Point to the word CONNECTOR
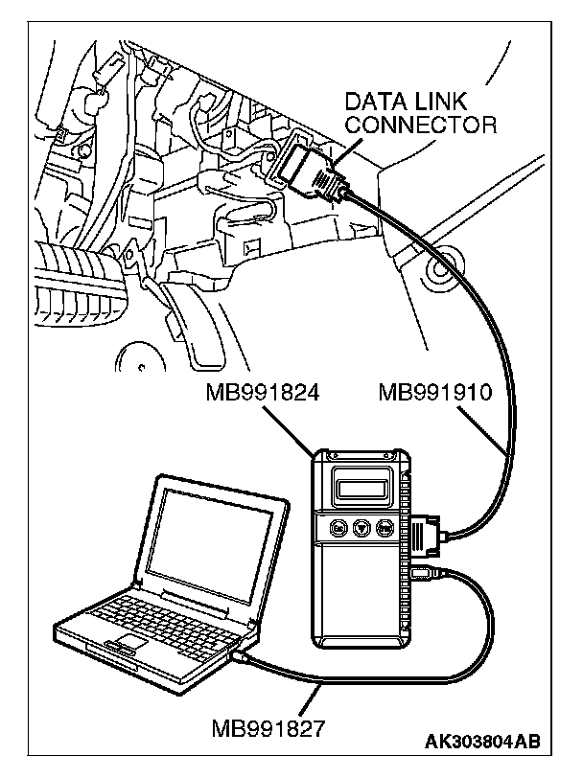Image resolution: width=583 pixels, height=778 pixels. (x=421, y=125)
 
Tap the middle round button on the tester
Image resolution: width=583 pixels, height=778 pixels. (x=361, y=526)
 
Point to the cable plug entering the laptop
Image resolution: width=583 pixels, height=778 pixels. (x=241, y=658)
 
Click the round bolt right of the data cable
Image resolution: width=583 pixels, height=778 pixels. (x=440, y=272)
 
